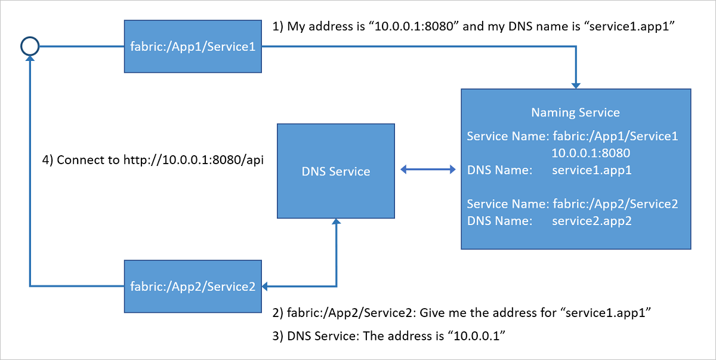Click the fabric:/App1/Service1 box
point(193,47)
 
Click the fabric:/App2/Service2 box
point(193,287)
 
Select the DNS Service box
point(336,171)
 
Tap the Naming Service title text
point(575,112)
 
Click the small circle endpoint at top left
point(29,45)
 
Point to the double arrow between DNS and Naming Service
point(428,171)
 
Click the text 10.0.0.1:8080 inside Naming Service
point(591,153)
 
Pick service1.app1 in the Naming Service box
point(591,170)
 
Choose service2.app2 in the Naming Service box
point(591,221)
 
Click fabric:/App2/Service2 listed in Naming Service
point(615,204)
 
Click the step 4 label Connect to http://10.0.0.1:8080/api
point(153,160)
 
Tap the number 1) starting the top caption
point(278,26)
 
